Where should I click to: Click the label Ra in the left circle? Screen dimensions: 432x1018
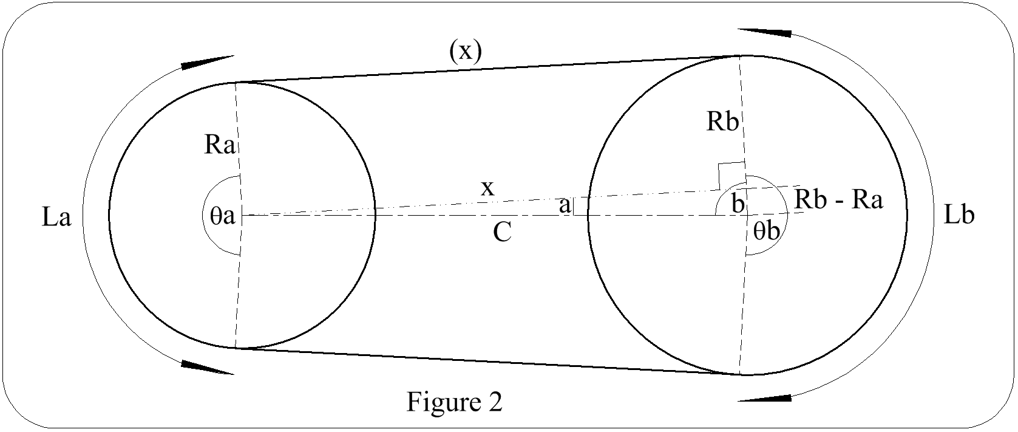[220, 146]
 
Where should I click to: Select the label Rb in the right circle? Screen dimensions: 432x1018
[723, 123]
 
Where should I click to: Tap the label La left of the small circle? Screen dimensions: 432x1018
[56, 217]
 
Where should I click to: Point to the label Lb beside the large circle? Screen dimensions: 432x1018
[959, 215]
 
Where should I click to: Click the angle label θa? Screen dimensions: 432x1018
[219, 216]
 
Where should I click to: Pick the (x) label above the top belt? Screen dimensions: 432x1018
[466, 52]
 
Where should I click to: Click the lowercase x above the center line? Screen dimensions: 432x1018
[487, 188]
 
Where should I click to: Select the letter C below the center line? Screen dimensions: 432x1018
[502, 232]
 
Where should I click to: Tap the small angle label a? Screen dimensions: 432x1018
[564, 206]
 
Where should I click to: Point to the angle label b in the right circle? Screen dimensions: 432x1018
[738, 204]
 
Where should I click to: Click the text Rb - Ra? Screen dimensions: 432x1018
[838, 200]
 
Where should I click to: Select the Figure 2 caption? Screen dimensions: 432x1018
[454, 402]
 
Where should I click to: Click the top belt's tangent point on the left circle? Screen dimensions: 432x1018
[237, 82]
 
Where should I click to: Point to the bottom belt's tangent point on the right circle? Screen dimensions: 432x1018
[741, 374]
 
